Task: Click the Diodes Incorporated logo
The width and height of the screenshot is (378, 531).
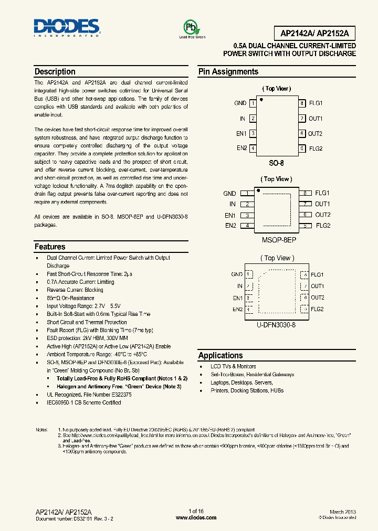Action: coord(66,28)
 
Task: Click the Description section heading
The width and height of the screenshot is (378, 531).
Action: coord(55,72)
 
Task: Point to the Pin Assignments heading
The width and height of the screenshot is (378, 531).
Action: coord(228,72)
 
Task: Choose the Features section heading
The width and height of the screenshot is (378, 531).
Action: coord(50,247)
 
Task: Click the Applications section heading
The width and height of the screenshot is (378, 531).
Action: coord(220,355)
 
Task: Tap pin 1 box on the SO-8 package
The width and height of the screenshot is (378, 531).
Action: coord(253,104)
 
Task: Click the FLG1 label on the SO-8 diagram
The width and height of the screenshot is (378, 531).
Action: coord(316,104)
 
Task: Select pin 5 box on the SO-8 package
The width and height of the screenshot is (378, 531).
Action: coord(302,148)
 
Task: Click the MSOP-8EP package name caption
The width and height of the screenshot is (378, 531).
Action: coord(279,239)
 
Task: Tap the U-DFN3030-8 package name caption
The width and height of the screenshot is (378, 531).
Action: coord(277,325)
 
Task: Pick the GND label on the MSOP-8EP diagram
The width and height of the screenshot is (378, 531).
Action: coord(229,193)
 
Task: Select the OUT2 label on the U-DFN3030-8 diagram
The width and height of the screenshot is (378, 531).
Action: coord(318,298)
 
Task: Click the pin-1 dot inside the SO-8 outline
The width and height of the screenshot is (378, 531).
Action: coord(261,100)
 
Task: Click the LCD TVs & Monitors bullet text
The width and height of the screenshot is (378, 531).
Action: coord(233,366)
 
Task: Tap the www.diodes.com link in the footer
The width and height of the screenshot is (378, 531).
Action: coord(196,517)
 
